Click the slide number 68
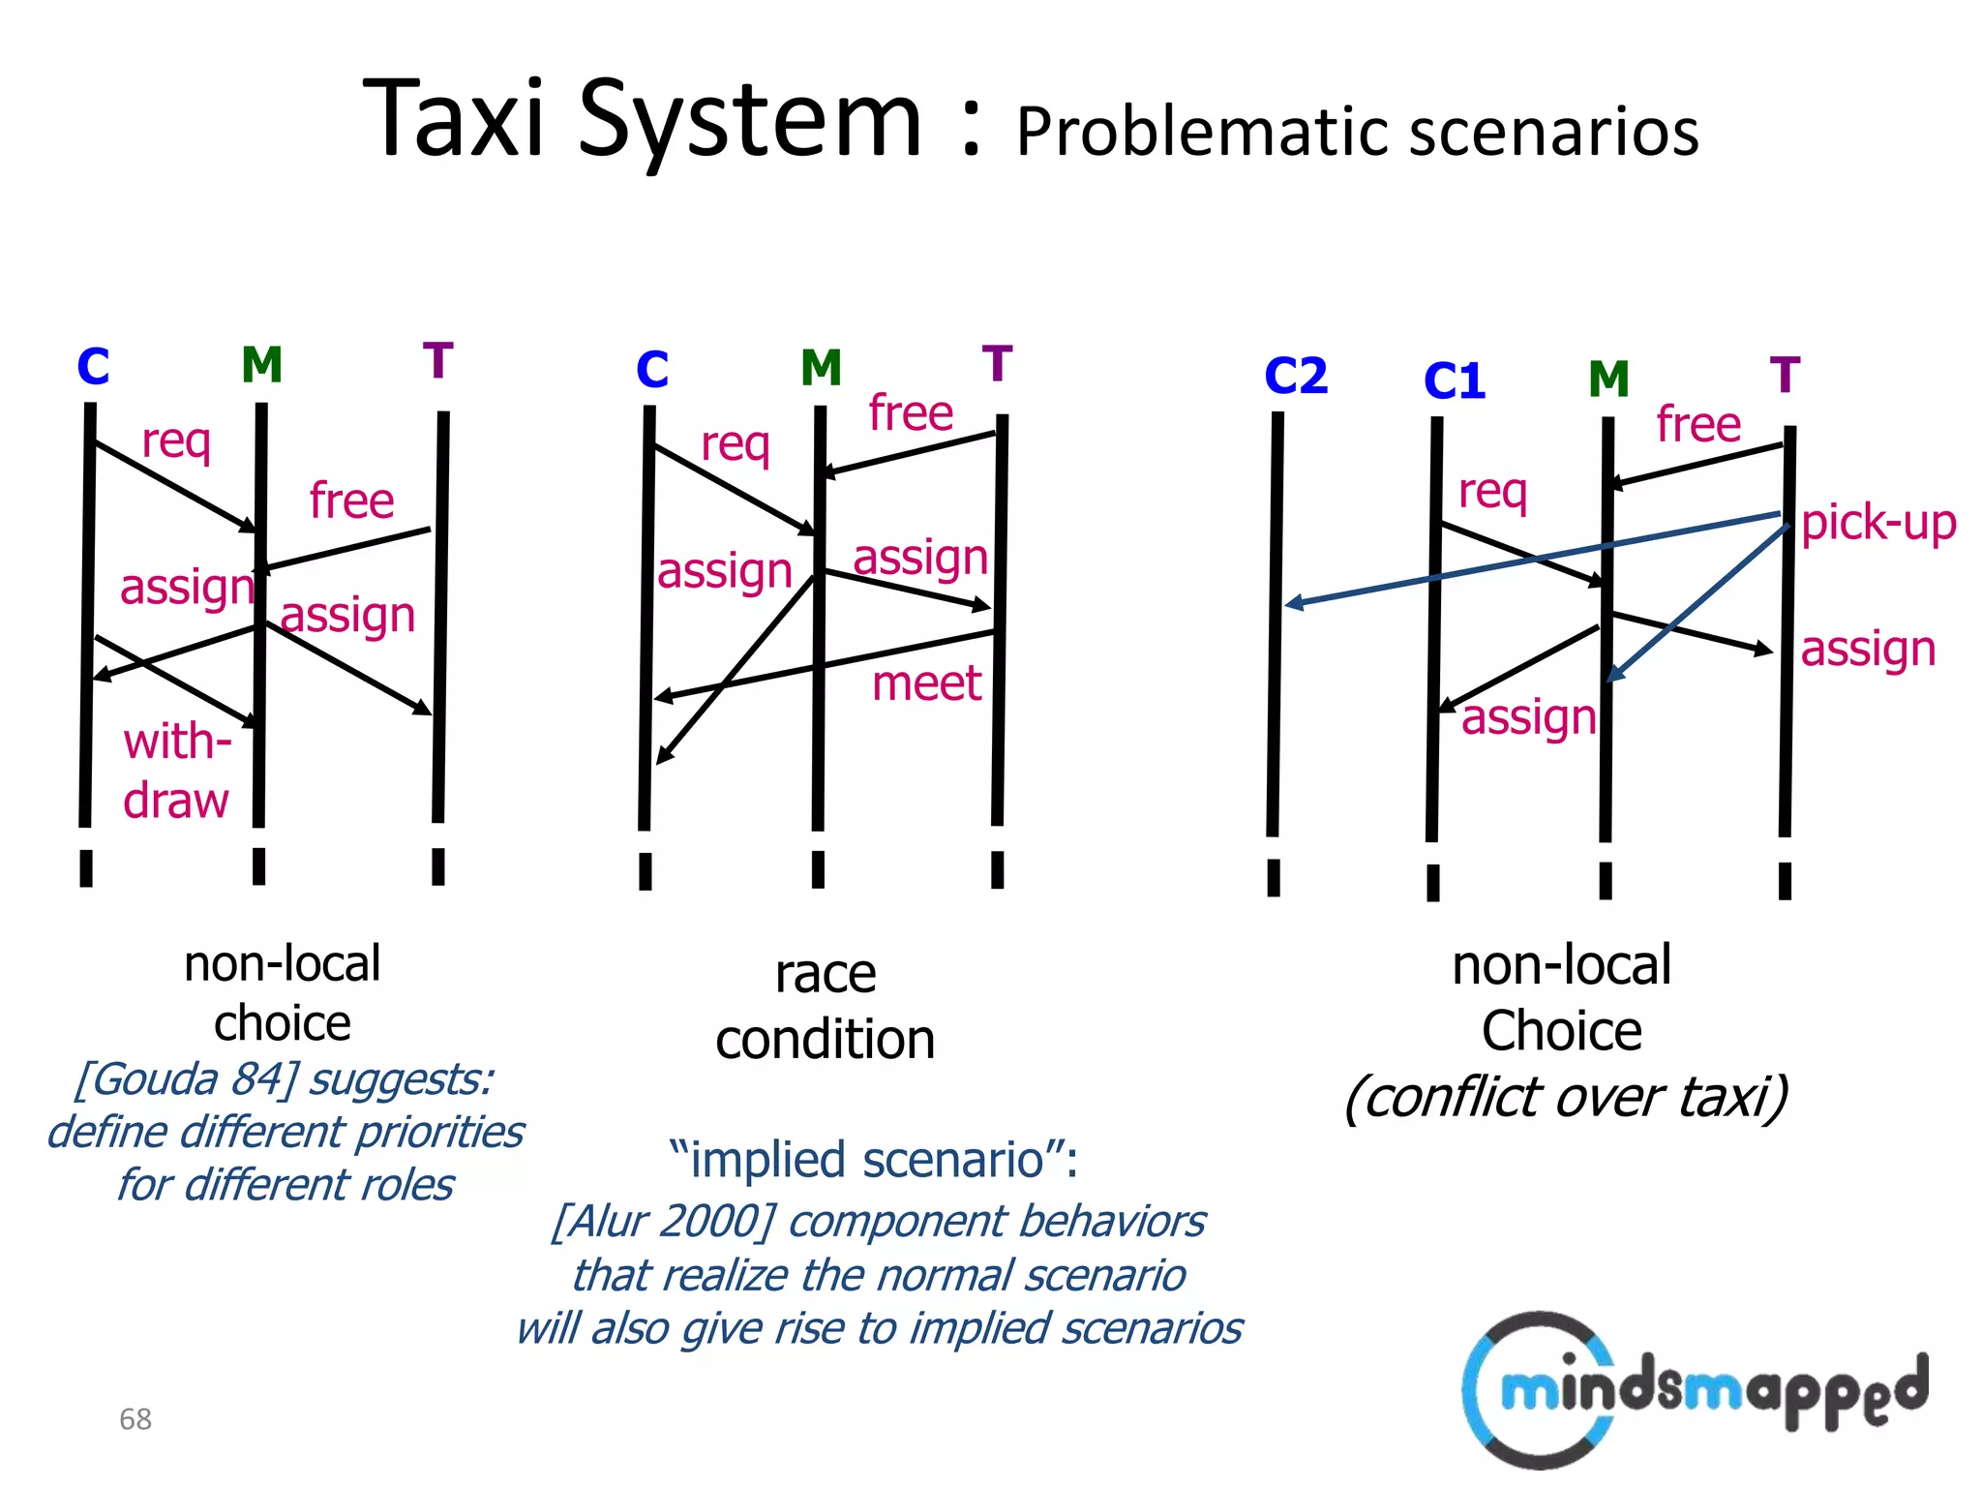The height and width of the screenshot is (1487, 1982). [x=135, y=1419]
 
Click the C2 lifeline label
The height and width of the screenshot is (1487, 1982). [x=1296, y=376]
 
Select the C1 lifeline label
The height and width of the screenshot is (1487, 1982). [x=1455, y=380]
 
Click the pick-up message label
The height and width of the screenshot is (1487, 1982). [x=1878, y=523]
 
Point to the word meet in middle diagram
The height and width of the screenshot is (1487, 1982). [x=926, y=683]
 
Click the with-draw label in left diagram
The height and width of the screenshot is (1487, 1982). [x=177, y=772]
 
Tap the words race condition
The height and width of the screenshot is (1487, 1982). [x=826, y=1007]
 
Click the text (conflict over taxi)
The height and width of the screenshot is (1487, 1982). [x=1565, y=1097]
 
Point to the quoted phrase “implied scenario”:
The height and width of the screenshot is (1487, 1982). [x=873, y=1159]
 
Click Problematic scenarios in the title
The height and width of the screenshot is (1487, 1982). [x=1357, y=132]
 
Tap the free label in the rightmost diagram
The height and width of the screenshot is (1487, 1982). [x=1698, y=424]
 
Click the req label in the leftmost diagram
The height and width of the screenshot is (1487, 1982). [x=176, y=441]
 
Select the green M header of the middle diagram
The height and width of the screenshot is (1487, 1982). [x=821, y=368]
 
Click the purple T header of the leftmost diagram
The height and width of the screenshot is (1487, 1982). [x=438, y=360]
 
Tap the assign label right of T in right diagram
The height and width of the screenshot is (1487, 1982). [x=1868, y=649]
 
